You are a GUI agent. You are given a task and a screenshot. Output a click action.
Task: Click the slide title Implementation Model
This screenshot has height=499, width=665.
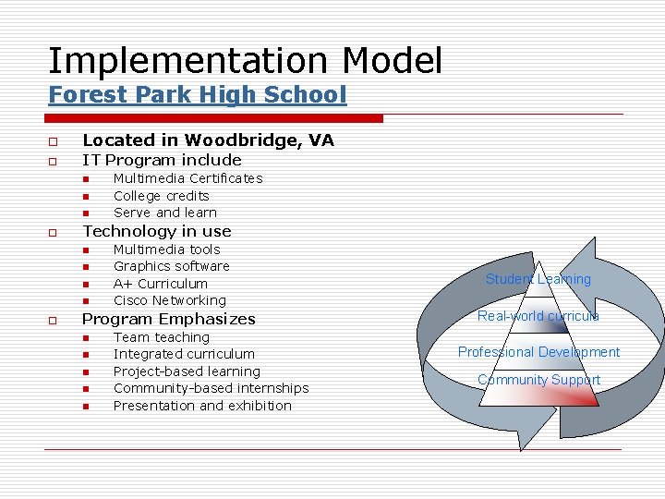pyautogui.click(x=245, y=61)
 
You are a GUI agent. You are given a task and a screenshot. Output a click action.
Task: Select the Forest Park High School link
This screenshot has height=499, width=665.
pyautogui.click(x=197, y=94)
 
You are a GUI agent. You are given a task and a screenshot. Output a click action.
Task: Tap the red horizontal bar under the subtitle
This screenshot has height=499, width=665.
pyautogui.click(x=215, y=118)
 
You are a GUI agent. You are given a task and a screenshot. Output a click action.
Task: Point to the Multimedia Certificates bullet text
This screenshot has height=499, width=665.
pyautogui.click(x=187, y=178)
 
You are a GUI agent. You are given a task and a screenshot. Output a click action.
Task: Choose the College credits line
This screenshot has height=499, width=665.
pyautogui.click(x=161, y=196)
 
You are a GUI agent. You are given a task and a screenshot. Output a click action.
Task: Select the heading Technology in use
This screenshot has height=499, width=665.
pyautogui.click(x=157, y=231)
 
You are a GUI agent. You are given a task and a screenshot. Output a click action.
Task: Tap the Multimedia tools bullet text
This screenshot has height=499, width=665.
pyautogui.click(x=166, y=249)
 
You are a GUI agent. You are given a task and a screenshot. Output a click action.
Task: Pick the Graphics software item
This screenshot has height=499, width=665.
pyautogui.click(x=171, y=266)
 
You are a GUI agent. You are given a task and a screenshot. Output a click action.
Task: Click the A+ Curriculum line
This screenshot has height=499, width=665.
pyautogui.click(x=160, y=284)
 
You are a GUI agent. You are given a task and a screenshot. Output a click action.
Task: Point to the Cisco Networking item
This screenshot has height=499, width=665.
pyautogui.click(x=169, y=300)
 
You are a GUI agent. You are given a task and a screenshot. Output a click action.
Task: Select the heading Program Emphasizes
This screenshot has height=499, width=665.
pyautogui.click(x=169, y=319)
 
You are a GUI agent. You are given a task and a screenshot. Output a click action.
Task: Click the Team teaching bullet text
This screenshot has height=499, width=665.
pyautogui.click(x=161, y=337)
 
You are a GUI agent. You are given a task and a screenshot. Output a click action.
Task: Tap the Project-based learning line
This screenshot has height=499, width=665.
pyautogui.click(x=187, y=371)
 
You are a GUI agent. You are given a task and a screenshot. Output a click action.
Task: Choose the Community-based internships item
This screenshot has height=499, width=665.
pyautogui.click(x=211, y=388)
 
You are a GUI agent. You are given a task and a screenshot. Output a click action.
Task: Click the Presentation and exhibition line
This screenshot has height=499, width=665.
pyautogui.click(x=202, y=406)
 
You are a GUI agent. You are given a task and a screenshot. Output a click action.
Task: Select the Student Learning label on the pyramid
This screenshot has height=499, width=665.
pyautogui.click(x=538, y=279)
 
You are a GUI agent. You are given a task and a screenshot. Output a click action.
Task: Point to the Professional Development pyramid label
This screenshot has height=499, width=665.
pyautogui.click(x=538, y=352)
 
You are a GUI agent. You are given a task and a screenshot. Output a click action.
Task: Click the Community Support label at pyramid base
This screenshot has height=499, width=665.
pyautogui.click(x=538, y=380)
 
